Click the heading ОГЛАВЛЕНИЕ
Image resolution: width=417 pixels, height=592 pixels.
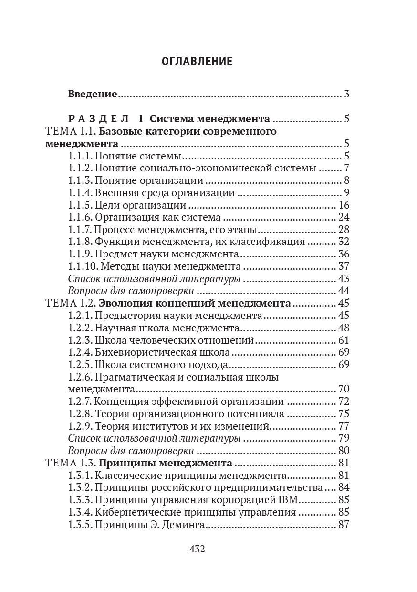point(197,62)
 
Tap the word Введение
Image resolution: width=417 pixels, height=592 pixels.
point(92,94)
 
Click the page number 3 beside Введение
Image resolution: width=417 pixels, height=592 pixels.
point(346,94)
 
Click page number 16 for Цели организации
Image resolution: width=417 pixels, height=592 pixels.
point(344,205)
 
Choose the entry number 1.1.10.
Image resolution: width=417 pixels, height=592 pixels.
point(82,266)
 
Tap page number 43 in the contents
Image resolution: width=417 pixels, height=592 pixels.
point(344,279)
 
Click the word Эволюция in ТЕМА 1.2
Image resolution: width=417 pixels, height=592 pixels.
point(123,303)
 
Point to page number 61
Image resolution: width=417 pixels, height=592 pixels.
point(344,340)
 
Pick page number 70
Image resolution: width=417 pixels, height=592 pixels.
point(344,389)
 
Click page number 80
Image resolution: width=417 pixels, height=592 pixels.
point(344,451)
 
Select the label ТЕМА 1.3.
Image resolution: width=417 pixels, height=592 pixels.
point(71,463)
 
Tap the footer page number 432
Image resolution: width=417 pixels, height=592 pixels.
point(197,549)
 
